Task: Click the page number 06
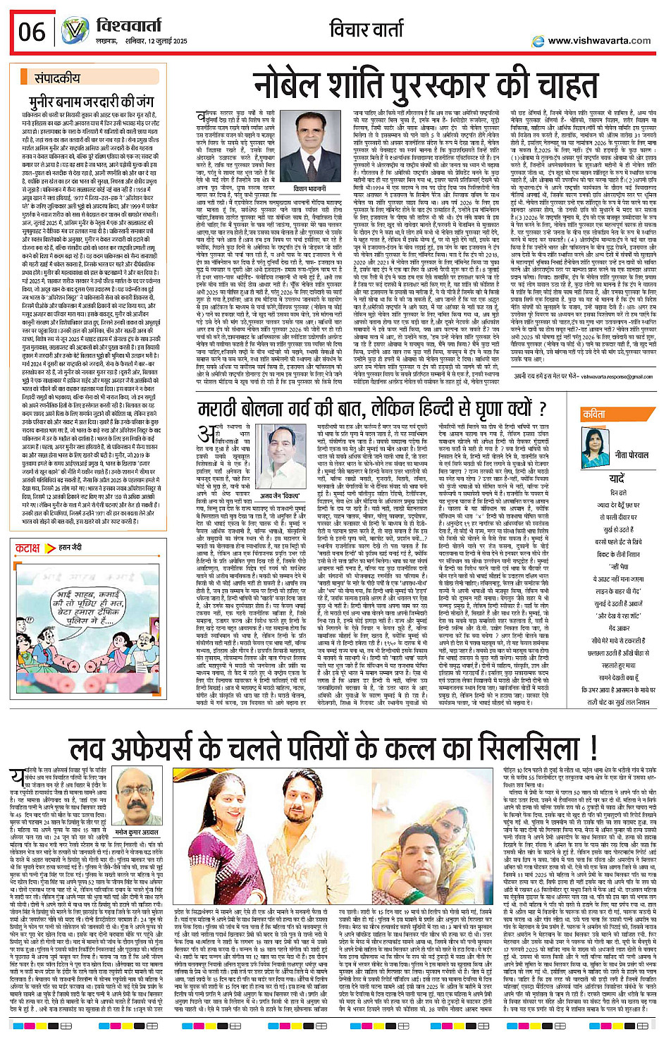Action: [x=32, y=32]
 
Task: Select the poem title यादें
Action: [x=617, y=479]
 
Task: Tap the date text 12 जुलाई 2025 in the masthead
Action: [x=162, y=41]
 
